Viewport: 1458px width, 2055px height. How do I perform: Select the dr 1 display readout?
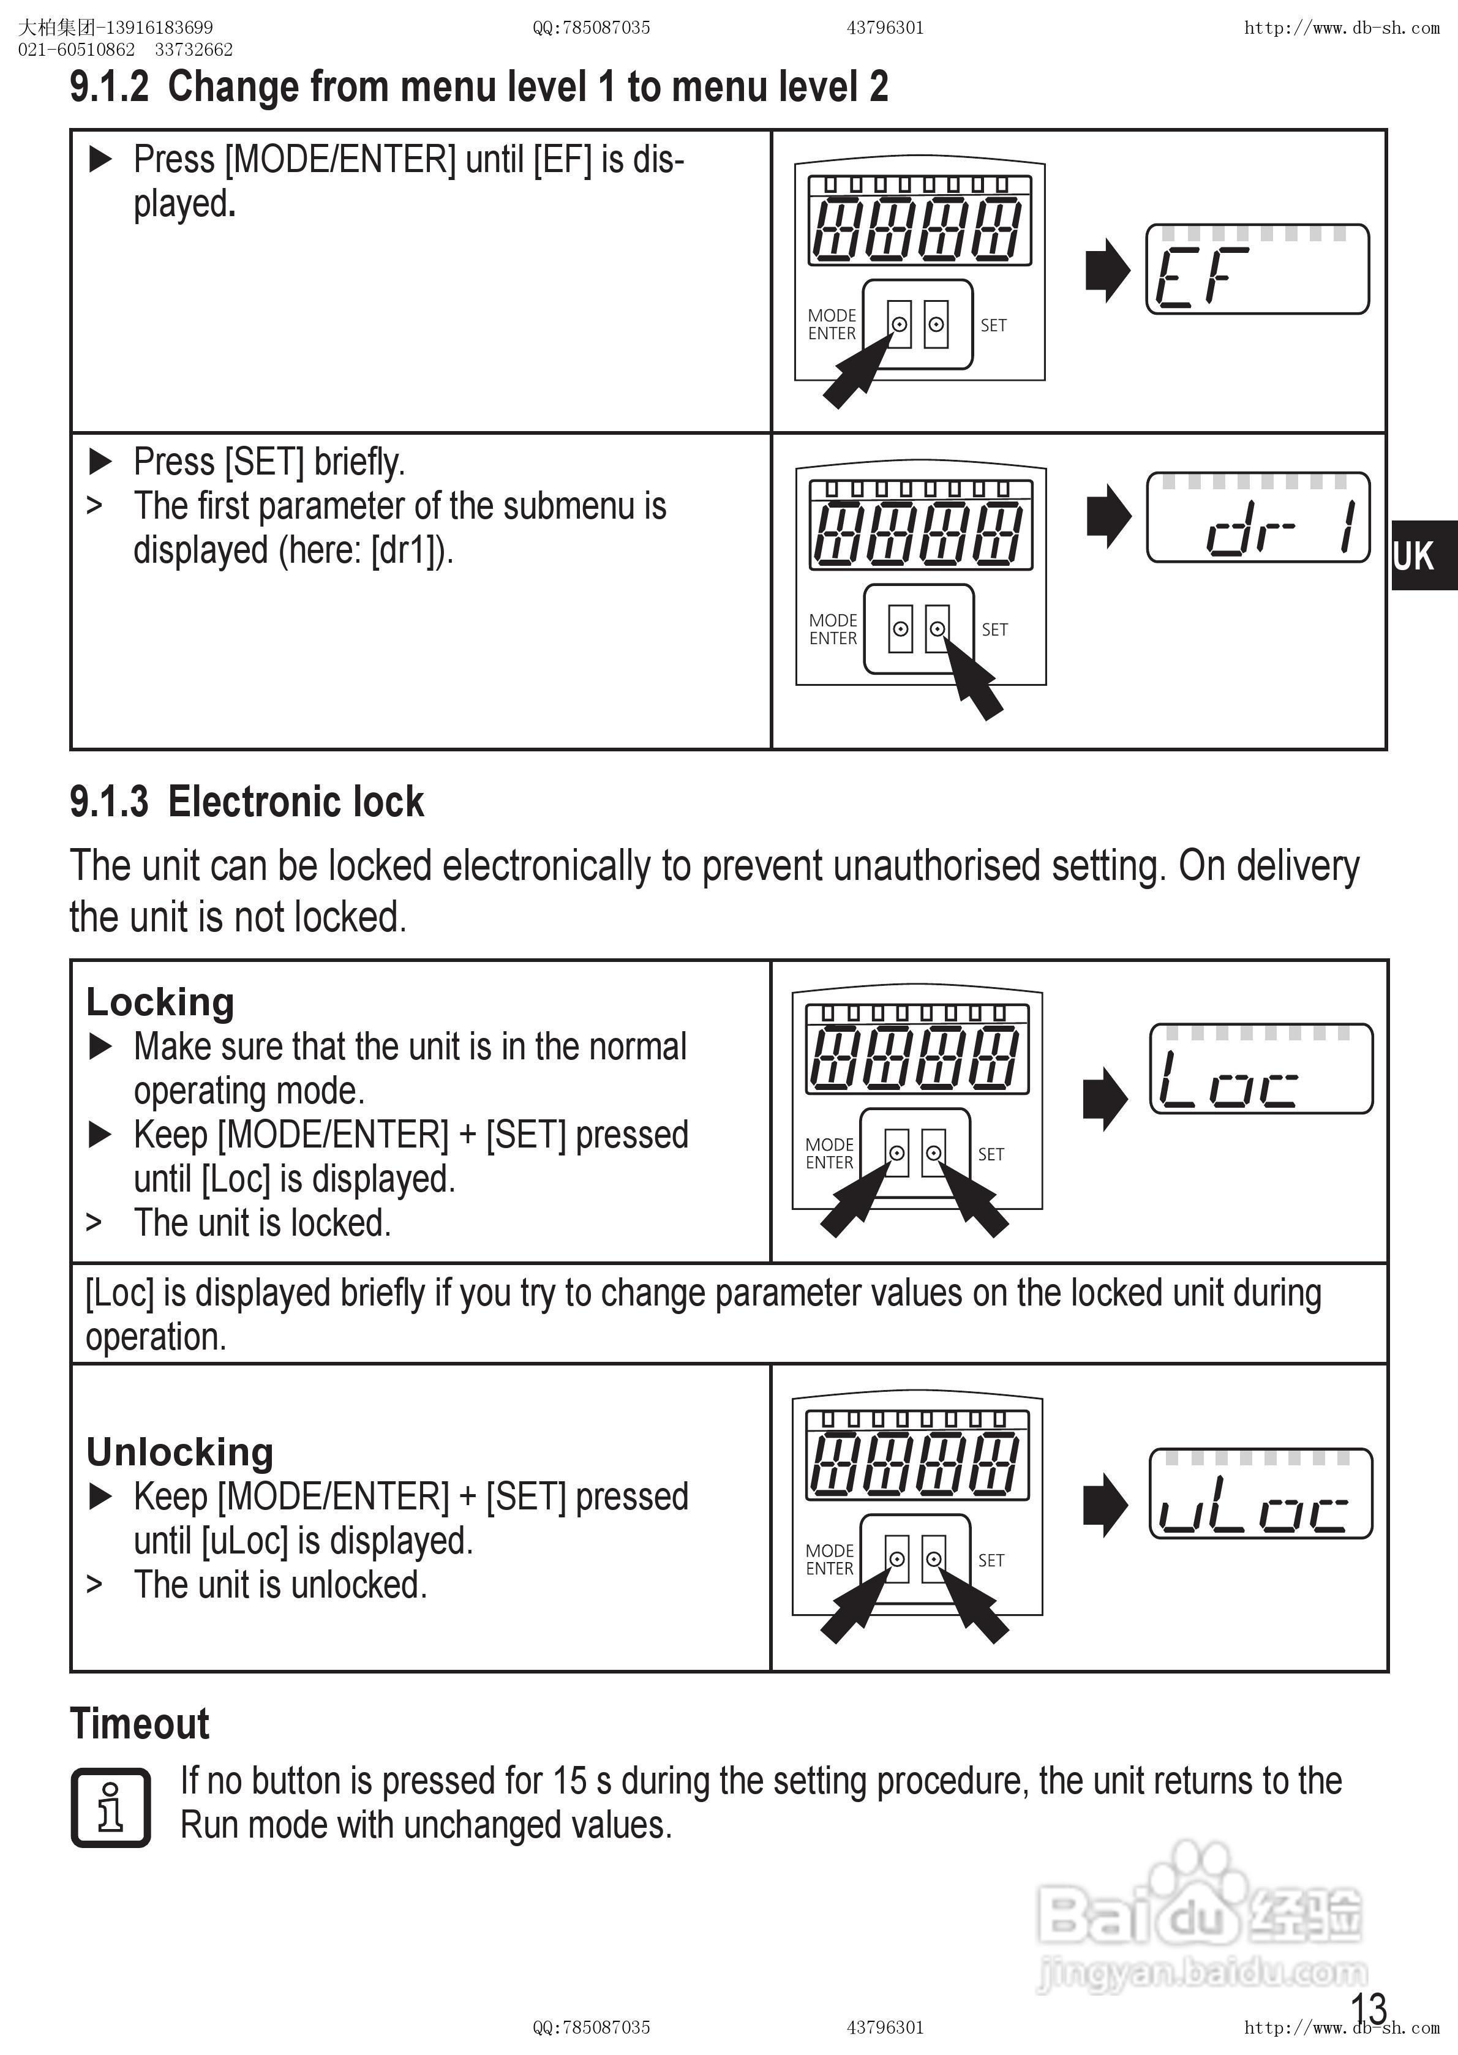coord(1258,518)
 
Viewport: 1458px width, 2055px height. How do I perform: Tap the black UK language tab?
coord(1423,556)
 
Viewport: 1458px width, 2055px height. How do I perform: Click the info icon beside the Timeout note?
coord(110,1807)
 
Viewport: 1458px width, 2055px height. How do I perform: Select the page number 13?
coord(1368,2007)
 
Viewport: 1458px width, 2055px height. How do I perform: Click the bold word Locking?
coord(160,1002)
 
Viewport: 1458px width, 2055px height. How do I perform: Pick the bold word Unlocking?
coord(179,1452)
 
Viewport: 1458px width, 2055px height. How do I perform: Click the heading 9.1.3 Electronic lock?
coord(246,802)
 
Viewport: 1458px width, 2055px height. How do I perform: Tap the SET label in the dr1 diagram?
coord(994,629)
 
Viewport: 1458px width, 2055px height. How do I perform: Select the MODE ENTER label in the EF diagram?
coord(832,324)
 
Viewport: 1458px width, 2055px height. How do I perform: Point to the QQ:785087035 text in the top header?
coord(591,28)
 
